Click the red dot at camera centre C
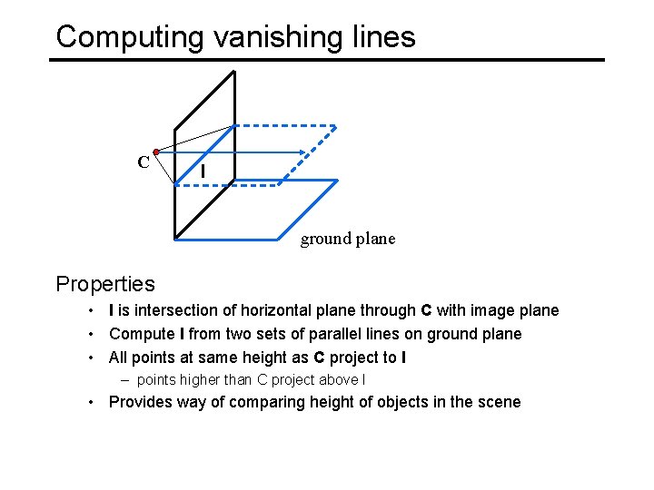click(x=156, y=151)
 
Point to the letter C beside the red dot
click(x=144, y=162)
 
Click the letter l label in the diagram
click(x=203, y=171)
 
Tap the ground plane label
click(x=348, y=239)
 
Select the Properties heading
click(x=105, y=284)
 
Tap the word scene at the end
click(x=499, y=402)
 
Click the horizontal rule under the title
click(x=327, y=60)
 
